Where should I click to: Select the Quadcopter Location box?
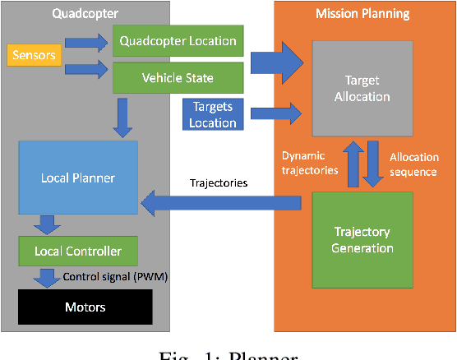pos(178,41)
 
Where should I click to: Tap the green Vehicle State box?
pos(178,78)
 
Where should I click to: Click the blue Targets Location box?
pos(214,115)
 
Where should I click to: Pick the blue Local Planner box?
pos(77,177)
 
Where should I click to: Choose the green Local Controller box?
pos(77,250)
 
